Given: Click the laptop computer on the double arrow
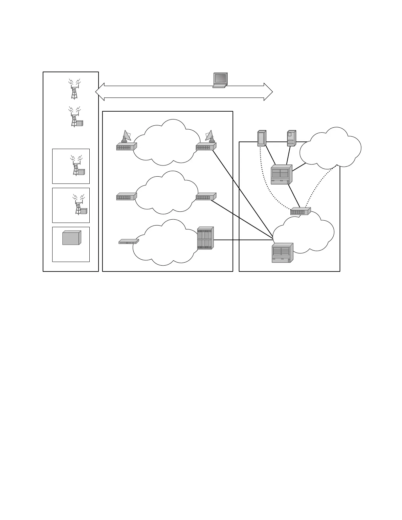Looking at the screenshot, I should click(220, 80).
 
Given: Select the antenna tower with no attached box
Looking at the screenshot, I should click(74, 89).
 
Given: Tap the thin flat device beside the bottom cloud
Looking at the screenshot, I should click(129, 242).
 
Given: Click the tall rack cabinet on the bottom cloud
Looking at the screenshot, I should click(206, 238).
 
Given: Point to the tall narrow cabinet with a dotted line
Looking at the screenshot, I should click(261, 138).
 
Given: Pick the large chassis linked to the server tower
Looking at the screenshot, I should click(281, 175).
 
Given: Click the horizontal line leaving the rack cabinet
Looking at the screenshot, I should click(243, 240).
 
